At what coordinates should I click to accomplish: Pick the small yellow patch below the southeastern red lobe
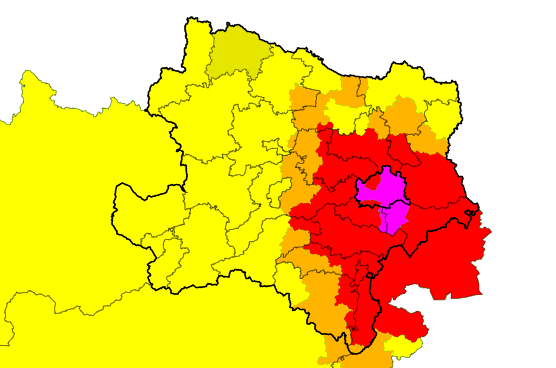(401, 346)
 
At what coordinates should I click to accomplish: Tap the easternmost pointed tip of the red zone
(490, 235)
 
